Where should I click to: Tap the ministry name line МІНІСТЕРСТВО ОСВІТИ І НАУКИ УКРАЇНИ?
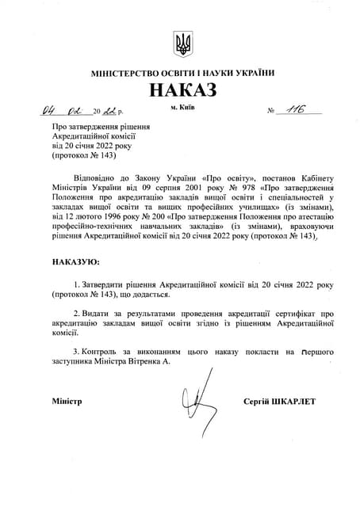point(182,73)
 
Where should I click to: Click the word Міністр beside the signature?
point(67,402)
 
